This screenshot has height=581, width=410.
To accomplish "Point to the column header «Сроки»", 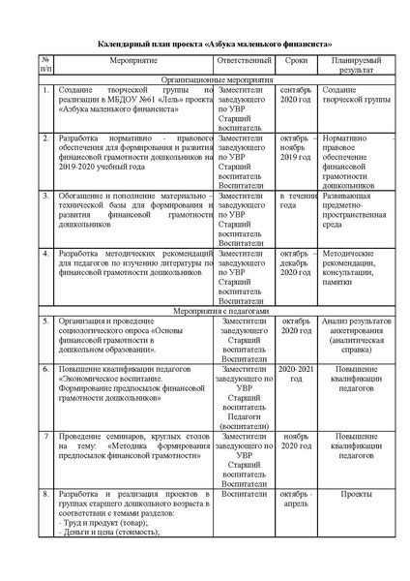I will click(x=297, y=60).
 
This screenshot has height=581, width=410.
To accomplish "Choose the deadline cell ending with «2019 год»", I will click(x=297, y=149).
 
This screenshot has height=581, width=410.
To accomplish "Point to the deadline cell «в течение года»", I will click(x=297, y=201).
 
